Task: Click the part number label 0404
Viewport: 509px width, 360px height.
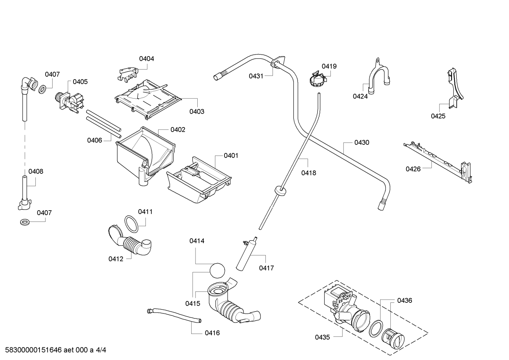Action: click(146, 59)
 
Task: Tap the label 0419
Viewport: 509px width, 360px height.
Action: click(329, 66)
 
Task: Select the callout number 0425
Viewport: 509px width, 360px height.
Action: click(438, 116)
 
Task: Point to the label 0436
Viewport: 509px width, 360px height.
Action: click(405, 300)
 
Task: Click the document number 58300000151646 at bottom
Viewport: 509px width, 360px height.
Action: click(34, 350)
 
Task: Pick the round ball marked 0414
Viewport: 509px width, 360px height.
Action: click(217, 270)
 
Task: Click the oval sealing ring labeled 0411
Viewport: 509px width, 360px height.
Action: click(131, 224)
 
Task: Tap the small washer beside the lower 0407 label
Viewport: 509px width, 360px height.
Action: click(25, 223)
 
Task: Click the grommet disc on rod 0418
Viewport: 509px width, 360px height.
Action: click(280, 190)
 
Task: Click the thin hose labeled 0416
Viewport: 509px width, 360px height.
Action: click(174, 315)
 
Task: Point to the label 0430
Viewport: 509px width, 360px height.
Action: click(362, 142)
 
